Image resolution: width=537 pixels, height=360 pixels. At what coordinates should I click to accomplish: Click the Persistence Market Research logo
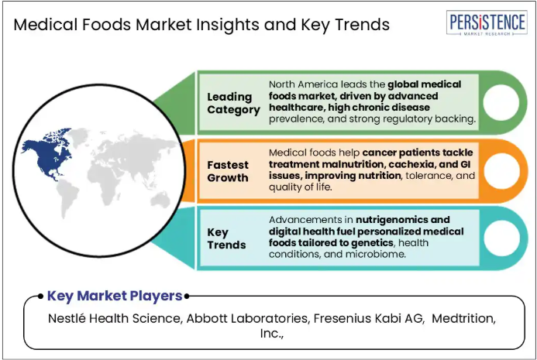(487, 22)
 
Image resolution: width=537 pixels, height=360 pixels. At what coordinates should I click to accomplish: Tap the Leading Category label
(233, 103)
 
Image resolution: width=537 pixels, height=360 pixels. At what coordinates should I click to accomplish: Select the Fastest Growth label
(228, 171)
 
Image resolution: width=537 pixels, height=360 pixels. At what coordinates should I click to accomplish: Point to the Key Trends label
(226, 238)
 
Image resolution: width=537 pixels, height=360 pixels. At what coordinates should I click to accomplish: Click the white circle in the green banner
(501, 102)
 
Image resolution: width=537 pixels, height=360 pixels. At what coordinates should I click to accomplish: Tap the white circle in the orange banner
(501, 171)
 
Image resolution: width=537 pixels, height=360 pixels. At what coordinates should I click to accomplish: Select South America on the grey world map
(67, 197)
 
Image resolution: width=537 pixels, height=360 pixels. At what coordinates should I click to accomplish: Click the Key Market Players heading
(115, 296)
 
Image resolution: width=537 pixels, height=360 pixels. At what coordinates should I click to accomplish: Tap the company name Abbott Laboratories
(247, 319)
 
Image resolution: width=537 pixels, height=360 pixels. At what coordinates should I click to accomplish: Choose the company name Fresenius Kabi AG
(368, 319)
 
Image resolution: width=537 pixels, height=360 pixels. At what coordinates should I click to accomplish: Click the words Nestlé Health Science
(114, 319)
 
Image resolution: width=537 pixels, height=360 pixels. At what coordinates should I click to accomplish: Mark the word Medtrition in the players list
(462, 319)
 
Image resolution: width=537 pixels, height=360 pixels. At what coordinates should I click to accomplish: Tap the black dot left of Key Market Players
(40, 296)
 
